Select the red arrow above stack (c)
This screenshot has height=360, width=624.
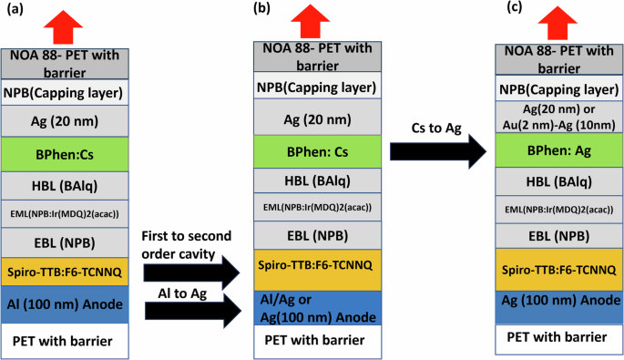558,21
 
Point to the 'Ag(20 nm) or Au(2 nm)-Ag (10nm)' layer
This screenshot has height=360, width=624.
558,115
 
